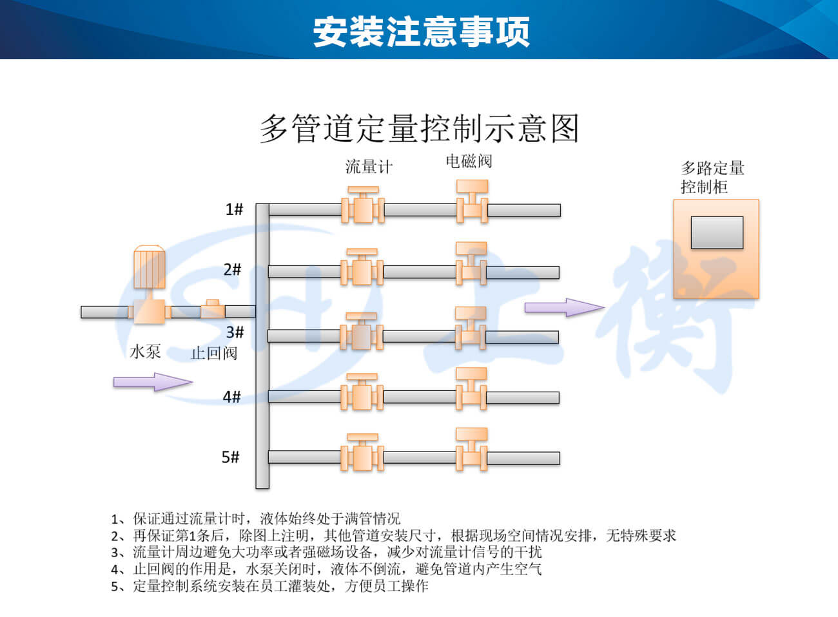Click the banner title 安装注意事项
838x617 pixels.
(x=421, y=32)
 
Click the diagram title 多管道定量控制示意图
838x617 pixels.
(x=420, y=129)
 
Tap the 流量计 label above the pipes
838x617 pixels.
(x=369, y=167)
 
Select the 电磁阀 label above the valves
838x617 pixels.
(x=469, y=161)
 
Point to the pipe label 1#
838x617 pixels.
(x=234, y=209)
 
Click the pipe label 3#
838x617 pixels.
(x=235, y=332)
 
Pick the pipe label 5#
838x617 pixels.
(x=231, y=457)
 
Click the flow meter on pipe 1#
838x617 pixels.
(x=363, y=205)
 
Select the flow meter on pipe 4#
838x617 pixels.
(x=362, y=392)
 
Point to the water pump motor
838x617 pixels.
(x=150, y=267)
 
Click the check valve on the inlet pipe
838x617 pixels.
(x=213, y=308)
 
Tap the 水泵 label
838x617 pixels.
(x=146, y=352)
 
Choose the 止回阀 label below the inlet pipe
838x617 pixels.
(x=214, y=353)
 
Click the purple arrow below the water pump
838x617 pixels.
(x=153, y=382)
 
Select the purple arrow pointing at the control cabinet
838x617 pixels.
(x=565, y=308)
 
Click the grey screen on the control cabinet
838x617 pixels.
(x=717, y=233)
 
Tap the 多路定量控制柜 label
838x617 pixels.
(x=712, y=178)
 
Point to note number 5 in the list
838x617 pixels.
(x=269, y=586)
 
